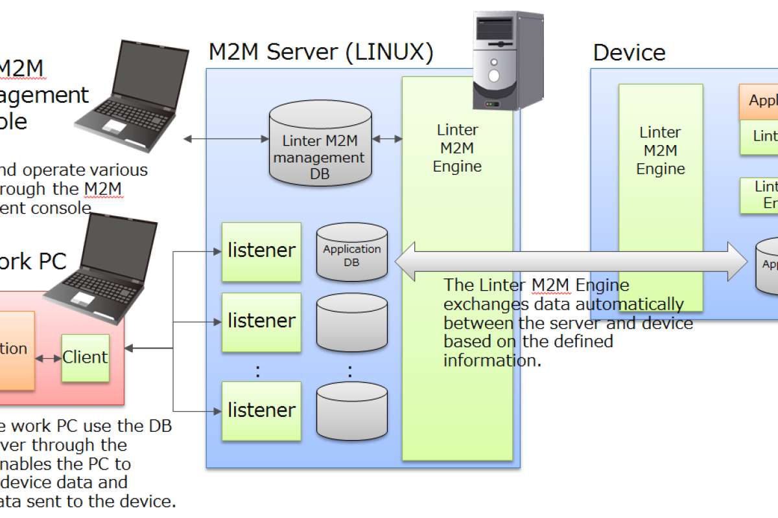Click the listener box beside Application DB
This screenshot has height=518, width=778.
pos(261,251)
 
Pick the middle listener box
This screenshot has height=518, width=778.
pos(261,321)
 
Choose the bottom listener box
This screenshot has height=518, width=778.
pos(261,411)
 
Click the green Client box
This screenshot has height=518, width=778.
pos(85,357)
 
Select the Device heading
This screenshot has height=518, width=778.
pos(629,52)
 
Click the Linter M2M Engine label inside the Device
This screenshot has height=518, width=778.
pos(660,151)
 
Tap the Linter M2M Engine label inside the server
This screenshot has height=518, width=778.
pos(458,148)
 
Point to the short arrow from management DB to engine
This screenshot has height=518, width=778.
pos(387,139)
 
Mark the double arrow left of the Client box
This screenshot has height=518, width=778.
pos(49,358)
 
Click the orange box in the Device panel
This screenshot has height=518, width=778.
pos(759,102)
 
